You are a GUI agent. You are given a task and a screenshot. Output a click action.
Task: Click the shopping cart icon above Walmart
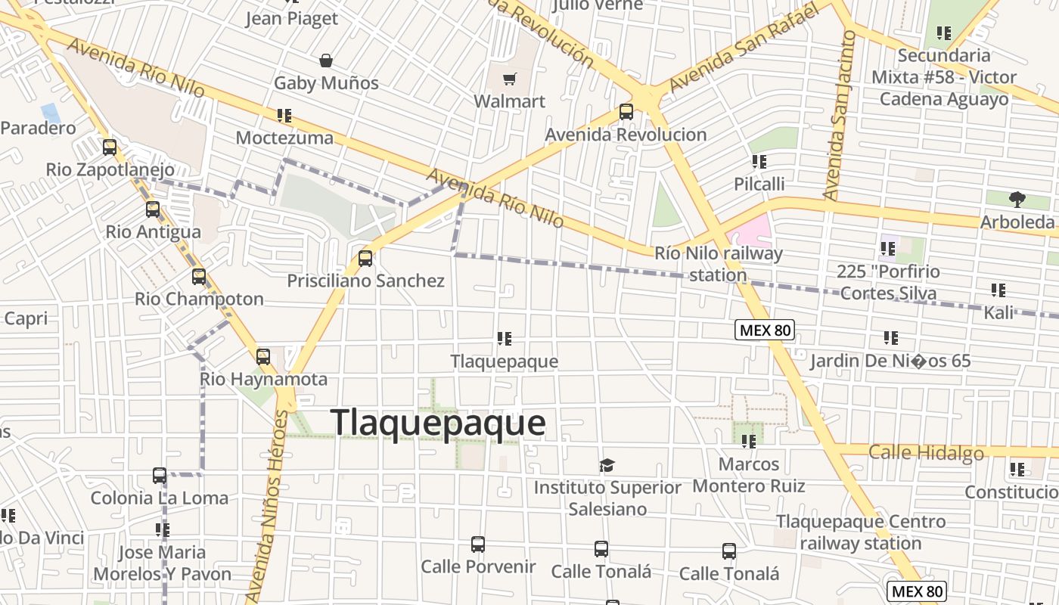click(510, 79)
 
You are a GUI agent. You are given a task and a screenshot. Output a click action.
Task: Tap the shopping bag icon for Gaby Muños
click(326, 60)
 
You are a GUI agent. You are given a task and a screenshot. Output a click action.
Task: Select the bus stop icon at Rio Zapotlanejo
click(110, 147)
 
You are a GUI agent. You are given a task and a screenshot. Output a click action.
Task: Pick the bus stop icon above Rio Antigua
click(153, 209)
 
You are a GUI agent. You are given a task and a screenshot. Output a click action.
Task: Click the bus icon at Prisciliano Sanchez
click(365, 259)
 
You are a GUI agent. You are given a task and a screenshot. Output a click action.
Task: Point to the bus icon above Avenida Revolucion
click(626, 112)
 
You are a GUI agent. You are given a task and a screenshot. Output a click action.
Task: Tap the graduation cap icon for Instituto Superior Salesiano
click(607, 465)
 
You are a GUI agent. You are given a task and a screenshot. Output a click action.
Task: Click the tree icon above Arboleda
click(1017, 200)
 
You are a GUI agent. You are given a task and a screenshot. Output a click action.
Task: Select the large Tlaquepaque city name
click(438, 422)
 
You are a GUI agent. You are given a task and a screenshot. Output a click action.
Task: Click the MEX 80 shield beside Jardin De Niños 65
click(765, 330)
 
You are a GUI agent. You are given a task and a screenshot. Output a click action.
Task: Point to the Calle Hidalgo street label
click(926, 453)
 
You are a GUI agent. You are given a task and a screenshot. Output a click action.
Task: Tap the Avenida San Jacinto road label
click(842, 113)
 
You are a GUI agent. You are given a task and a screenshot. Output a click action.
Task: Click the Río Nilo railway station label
click(718, 264)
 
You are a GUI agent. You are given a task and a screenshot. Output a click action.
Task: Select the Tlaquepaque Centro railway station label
click(861, 532)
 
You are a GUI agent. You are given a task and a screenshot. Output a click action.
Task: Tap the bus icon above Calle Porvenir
click(478, 544)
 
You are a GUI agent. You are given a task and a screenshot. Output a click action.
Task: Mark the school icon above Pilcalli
click(759, 162)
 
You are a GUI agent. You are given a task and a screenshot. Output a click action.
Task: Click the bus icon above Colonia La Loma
click(160, 476)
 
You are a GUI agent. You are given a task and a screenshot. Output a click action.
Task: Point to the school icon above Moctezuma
click(284, 116)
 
